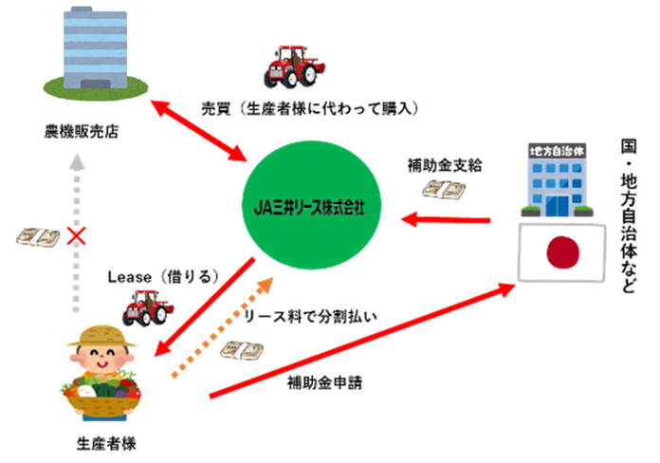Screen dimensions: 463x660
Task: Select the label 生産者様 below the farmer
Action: pos(103,442)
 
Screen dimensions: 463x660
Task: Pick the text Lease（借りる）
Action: pos(164,277)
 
